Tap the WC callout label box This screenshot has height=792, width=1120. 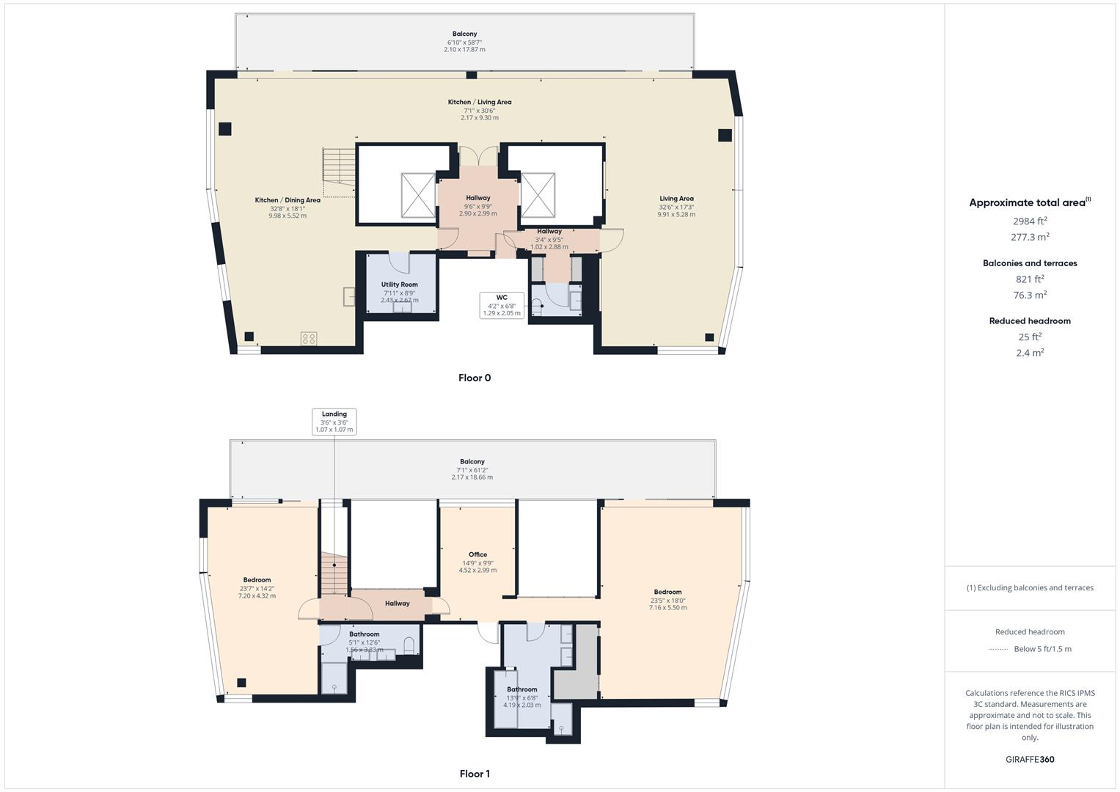pos(502,305)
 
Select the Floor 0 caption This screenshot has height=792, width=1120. pos(475,378)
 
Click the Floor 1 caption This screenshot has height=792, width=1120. pos(475,774)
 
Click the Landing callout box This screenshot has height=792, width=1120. pos(334,422)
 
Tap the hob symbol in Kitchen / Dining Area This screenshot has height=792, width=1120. pos(309,338)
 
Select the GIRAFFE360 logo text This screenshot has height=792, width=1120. pos(1030,760)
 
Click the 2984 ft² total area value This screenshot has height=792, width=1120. pos(1030,221)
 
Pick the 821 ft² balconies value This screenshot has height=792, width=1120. pos(1030,279)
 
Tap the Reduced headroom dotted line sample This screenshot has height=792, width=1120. pos(998,649)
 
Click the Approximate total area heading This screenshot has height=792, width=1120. pos(1029,203)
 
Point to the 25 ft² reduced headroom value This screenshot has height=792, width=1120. pos(1030,337)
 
